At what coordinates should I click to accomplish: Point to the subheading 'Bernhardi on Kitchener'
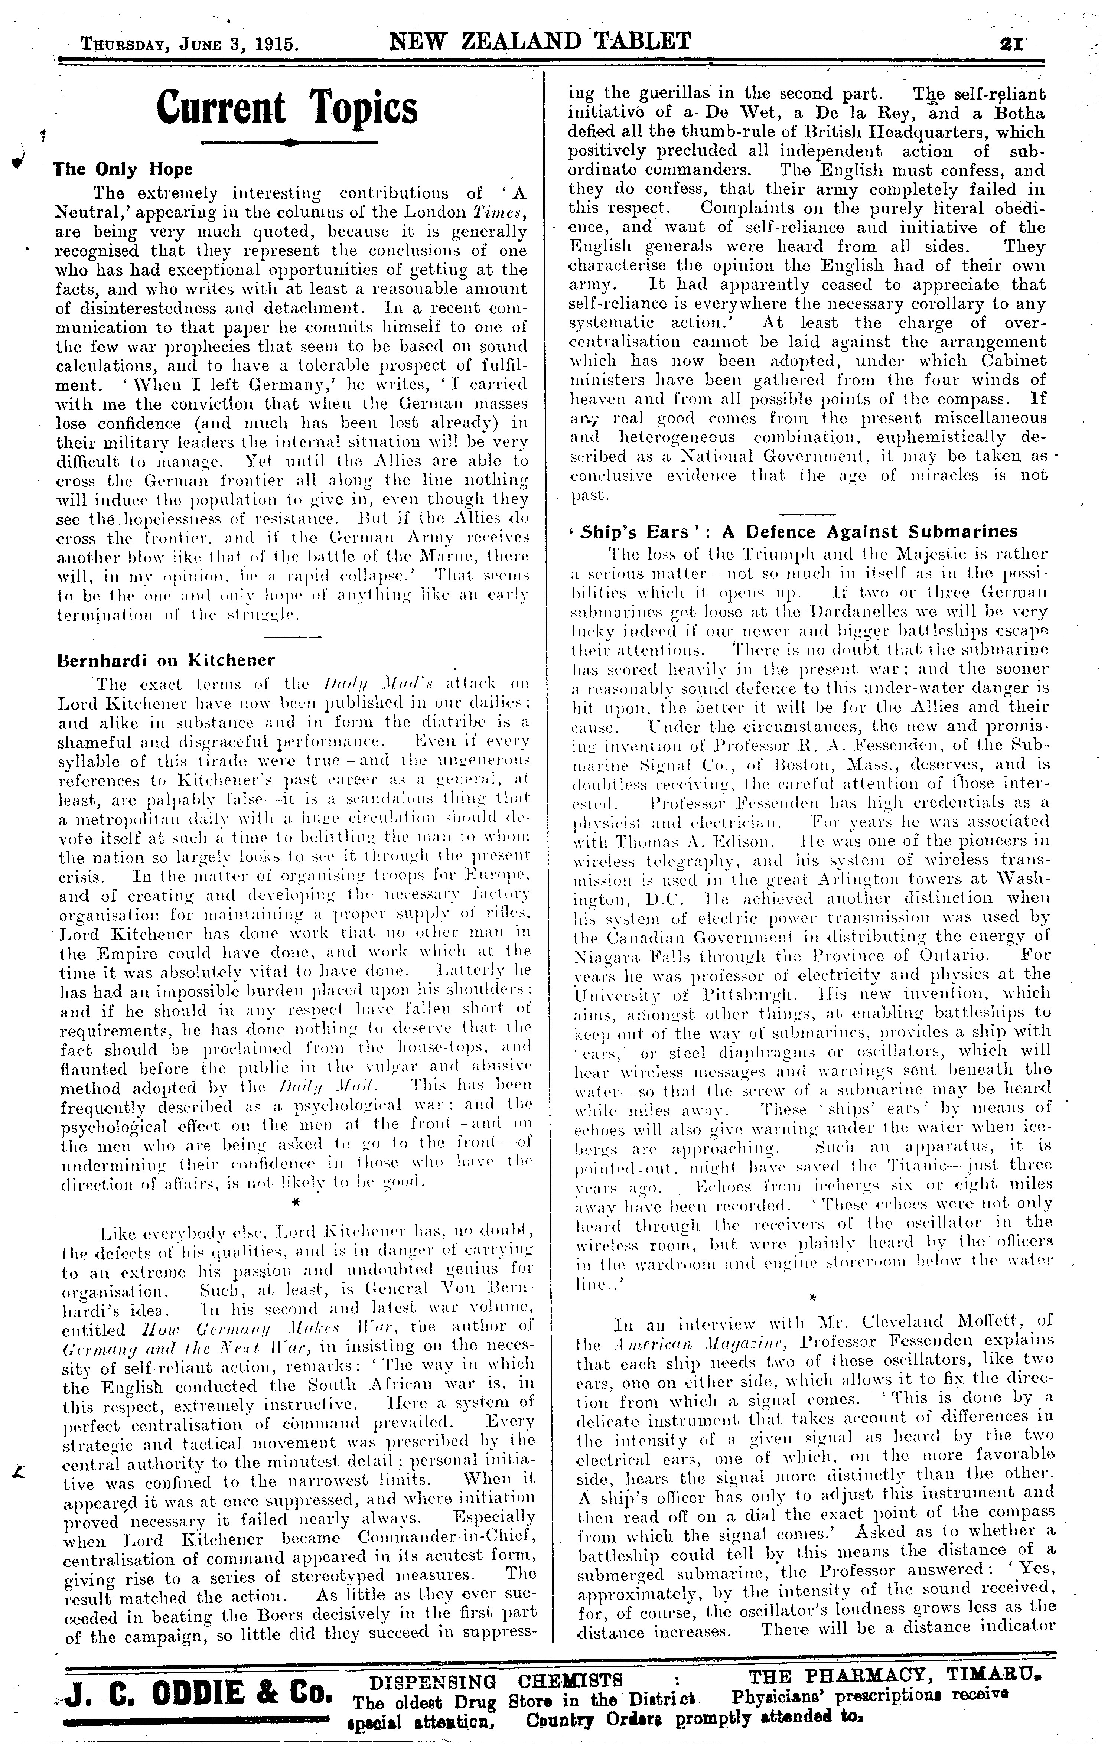click(x=166, y=661)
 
